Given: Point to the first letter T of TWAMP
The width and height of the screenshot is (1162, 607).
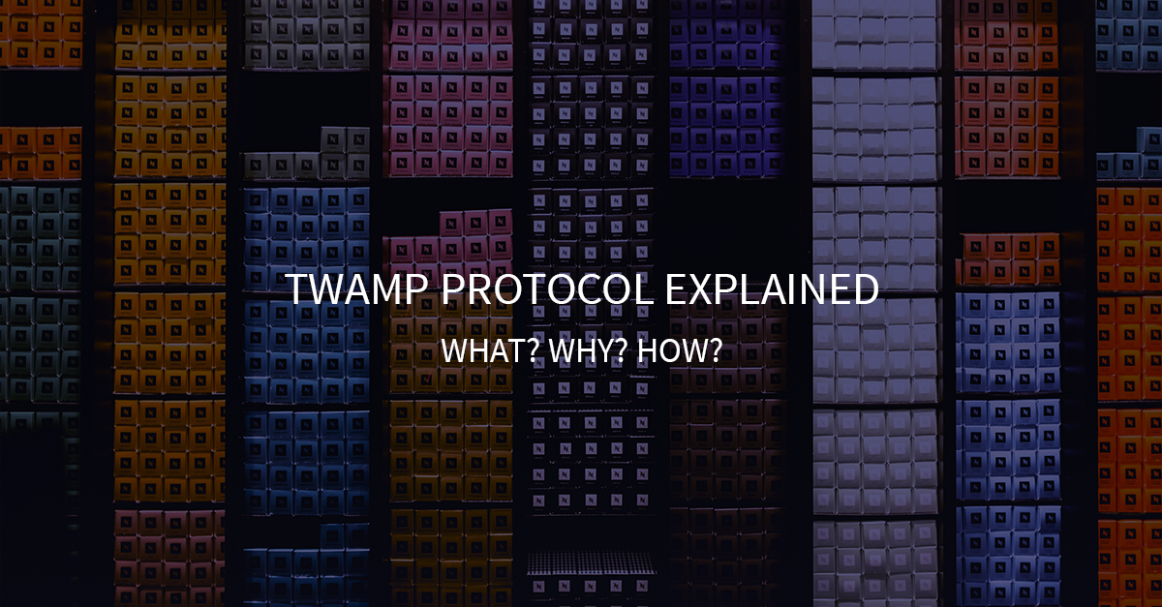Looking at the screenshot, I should (x=295, y=290).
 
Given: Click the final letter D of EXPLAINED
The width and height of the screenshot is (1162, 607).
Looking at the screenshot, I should (x=866, y=290).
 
